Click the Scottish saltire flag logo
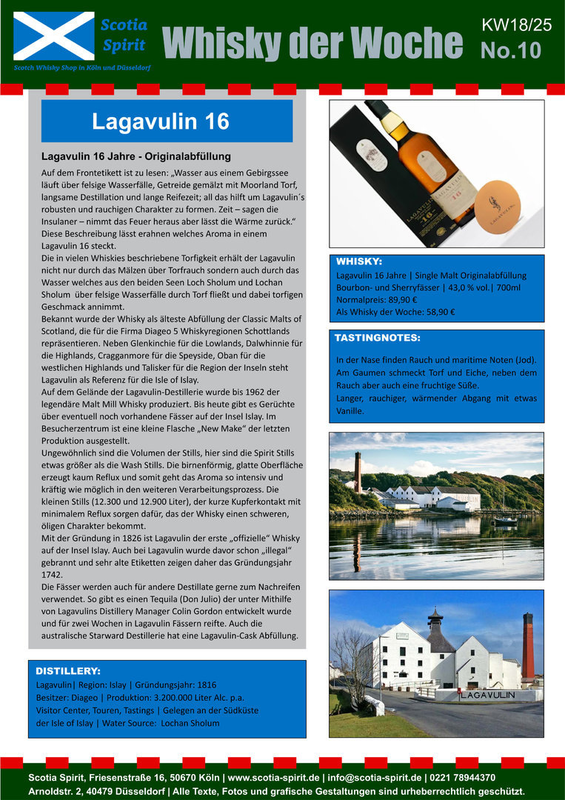tap(54, 36)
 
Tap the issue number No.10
tap(510, 50)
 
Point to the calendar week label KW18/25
tap(516, 24)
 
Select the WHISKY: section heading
tap(359, 261)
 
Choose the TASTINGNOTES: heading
tap(378, 338)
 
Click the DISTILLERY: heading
tap(68, 670)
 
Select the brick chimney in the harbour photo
tap(358, 473)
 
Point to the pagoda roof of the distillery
tap(435, 621)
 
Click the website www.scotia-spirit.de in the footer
tap(273, 778)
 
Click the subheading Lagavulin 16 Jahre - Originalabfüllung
tap(136, 156)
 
